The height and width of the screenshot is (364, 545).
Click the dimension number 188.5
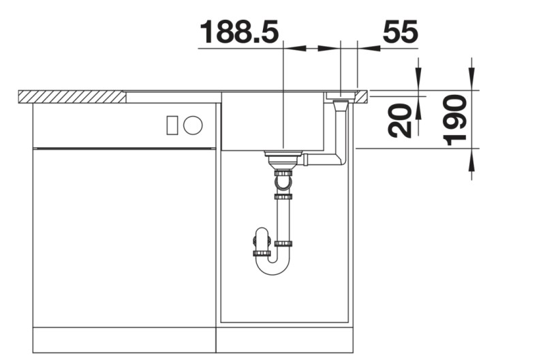tap(240, 32)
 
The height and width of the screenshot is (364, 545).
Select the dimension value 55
tap(400, 32)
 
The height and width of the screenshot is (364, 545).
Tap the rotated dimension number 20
tap(402, 120)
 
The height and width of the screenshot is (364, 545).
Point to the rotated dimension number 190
tap(455, 120)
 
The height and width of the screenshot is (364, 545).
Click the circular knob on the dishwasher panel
tap(193, 125)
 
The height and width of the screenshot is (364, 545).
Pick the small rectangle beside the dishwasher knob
tap(172, 125)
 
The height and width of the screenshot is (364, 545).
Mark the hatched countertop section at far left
tap(72, 96)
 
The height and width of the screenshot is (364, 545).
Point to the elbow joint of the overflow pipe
tap(341, 160)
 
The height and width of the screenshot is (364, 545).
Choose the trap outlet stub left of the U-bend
tap(261, 242)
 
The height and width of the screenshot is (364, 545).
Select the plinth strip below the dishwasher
tap(124, 339)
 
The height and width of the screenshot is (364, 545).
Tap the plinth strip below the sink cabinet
tap(285, 339)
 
